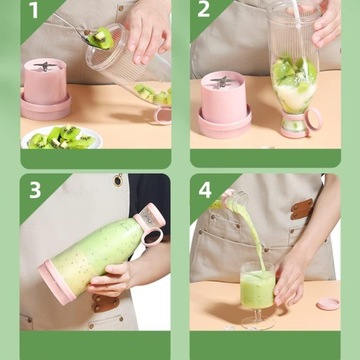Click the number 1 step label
pyautogui.click(x=34, y=10)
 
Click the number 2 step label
pyautogui.click(x=204, y=9)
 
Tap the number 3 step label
pyautogui.click(x=35, y=190)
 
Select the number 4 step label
pyautogui.click(x=205, y=190)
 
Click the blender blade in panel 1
pyautogui.click(x=45, y=66)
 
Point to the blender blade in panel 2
pyautogui.click(x=221, y=81)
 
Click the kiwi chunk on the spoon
pyautogui.click(x=101, y=38)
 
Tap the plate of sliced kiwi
pyautogui.click(x=62, y=137)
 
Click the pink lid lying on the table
pyautogui.click(x=328, y=304)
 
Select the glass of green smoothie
pyautogui.click(x=258, y=286)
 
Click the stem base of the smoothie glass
pyautogui.click(x=258, y=323)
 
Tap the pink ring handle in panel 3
pyautogui.click(x=153, y=237)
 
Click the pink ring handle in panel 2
pyautogui.click(x=313, y=119)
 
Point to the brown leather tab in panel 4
pyautogui.click(x=302, y=209)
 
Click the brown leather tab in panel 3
pyautogui.click(x=105, y=303)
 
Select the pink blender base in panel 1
pyautogui.click(x=46, y=89)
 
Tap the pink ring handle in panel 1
pyautogui.click(x=162, y=115)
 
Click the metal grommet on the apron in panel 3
pyautogui.click(x=118, y=180)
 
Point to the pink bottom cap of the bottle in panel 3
pyautogui.click(x=56, y=282)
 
